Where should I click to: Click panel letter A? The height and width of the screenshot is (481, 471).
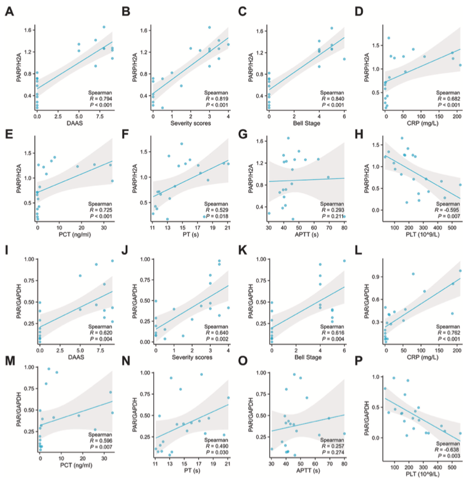pyautogui.click(x=9, y=11)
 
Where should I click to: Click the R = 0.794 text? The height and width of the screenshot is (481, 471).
pyautogui.click(x=97, y=99)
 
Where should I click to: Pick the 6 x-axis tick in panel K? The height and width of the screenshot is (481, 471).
pyautogui.click(x=344, y=348)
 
